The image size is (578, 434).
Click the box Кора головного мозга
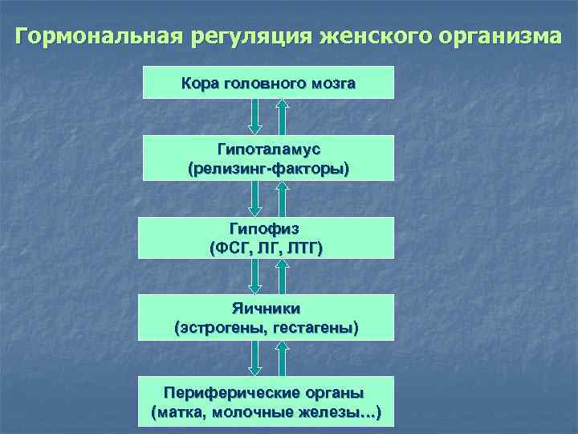(x=268, y=83)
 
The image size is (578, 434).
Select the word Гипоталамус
(x=268, y=150)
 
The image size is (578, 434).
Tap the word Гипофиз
(x=267, y=229)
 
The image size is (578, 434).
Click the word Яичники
(x=267, y=308)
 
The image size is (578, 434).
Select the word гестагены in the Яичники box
(x=315, y=327)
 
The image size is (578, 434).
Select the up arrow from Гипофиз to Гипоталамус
(x=282, y=197)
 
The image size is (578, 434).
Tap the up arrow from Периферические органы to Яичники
(x=282, y=357)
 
